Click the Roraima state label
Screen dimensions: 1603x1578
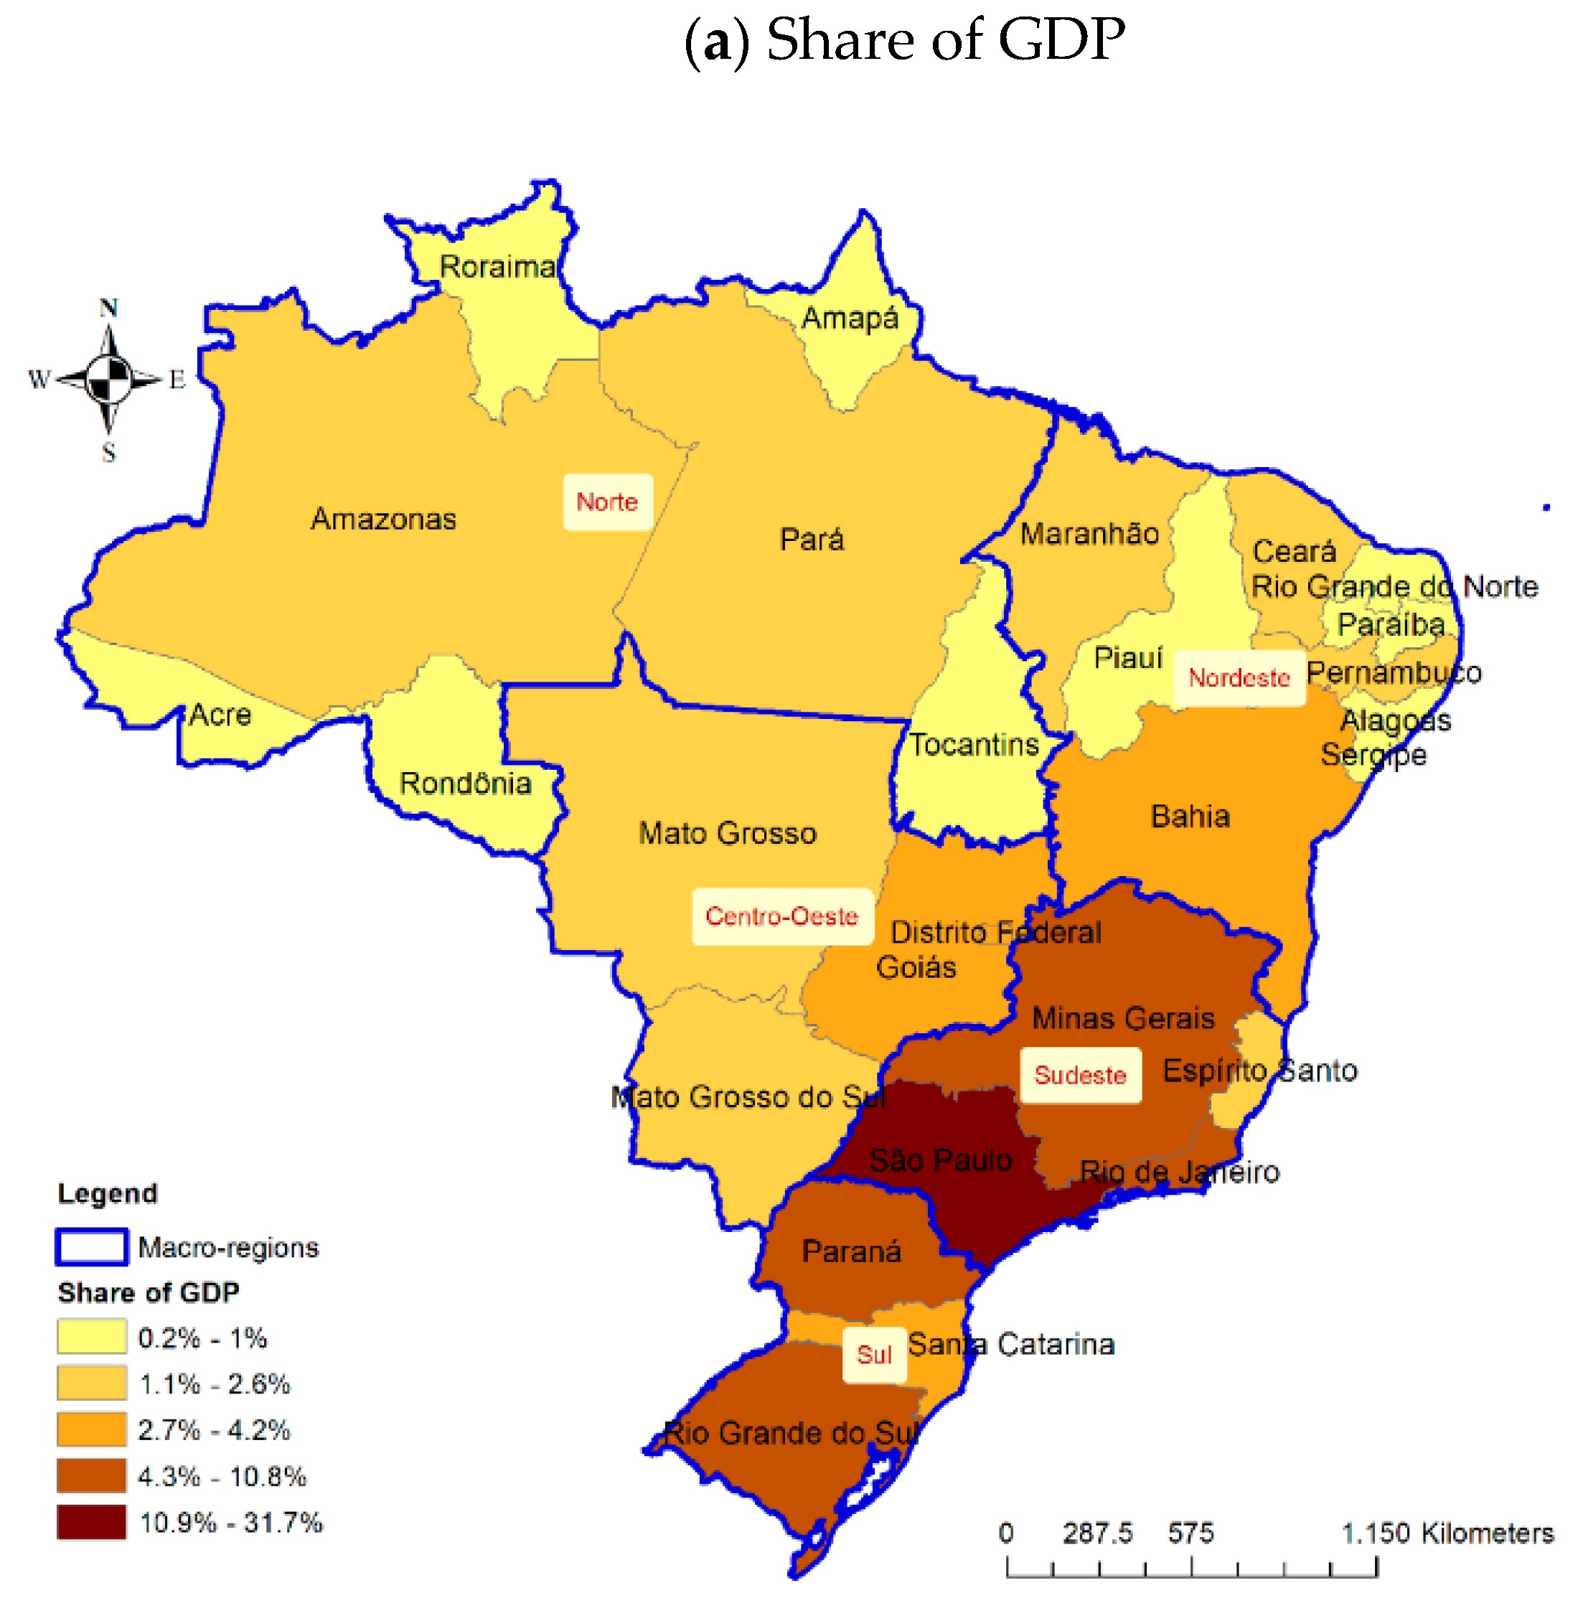pos(497,267)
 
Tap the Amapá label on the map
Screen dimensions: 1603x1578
pos(850,319)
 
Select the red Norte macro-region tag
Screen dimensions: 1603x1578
pos(608,502)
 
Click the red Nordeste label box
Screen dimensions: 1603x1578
pos(1239,677)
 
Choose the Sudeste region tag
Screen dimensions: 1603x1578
pos(1080,1075)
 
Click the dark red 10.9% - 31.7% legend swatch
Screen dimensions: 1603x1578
pos(92,1523)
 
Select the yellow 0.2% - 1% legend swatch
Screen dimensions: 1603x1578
pos(92,1338)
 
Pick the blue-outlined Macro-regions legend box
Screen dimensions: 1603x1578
pos(92,1246)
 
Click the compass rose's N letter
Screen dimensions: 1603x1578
pos(108,309)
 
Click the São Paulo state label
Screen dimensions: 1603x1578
pos(941,1160)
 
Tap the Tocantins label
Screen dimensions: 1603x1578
pos(974,744)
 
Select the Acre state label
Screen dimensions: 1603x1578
pos(220,715)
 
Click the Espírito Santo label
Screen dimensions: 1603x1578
pos(1260,1071)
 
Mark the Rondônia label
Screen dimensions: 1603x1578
pos(465,784)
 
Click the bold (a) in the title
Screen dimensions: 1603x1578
pos(717,42)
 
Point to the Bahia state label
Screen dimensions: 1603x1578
pos(1190,817)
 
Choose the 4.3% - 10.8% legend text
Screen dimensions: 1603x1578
pos(222,1476)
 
